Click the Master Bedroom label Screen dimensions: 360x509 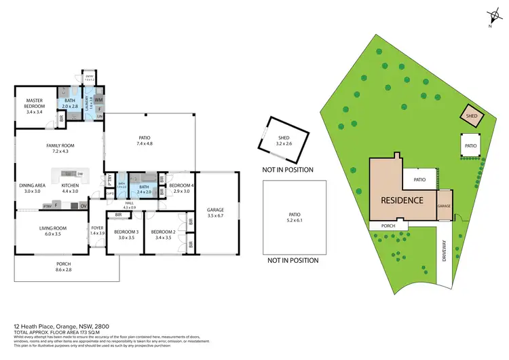(30, 105)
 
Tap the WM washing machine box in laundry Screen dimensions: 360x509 (98, 101)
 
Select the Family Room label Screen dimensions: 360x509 (60, 148)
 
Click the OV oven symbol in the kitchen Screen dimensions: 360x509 (83, 206)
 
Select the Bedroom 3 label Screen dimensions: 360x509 (128, 234)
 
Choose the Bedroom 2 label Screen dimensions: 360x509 (165, 234)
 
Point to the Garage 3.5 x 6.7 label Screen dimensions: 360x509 (215, 213)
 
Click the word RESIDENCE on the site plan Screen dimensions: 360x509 (402, 200)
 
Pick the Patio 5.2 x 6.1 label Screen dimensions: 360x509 (293, 217)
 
